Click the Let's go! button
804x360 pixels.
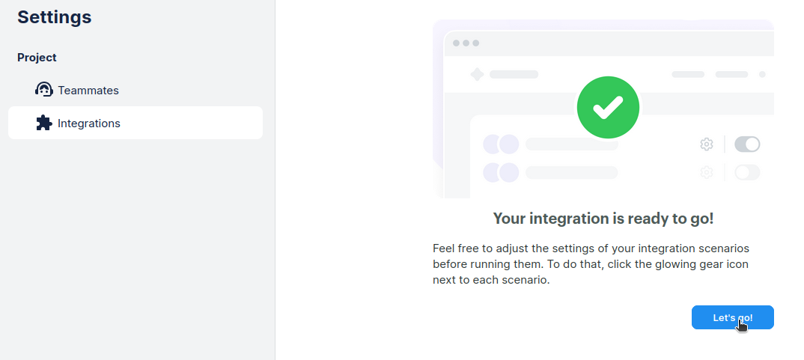coord(732,317)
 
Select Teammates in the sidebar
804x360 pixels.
coord(88,91)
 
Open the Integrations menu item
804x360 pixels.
coord(135,123)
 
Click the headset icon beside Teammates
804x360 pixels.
coord(44,89)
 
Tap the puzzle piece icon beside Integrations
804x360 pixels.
coord(44,123)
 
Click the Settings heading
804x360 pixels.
coord(55,17)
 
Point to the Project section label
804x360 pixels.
coord(37,58)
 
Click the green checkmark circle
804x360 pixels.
coord(608,107)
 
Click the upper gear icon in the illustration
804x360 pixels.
coord(707,144)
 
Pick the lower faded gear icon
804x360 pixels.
coord(707,172)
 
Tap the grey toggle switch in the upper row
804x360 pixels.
coord(747,144)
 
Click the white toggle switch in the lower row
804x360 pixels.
coord(747,172)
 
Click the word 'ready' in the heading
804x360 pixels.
coord(648,219)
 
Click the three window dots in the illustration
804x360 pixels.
coord(466,43)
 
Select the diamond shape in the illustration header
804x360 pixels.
coord(478,74)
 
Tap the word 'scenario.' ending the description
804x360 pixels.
coord(526,281)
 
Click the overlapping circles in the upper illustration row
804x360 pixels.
coord(501,144)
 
